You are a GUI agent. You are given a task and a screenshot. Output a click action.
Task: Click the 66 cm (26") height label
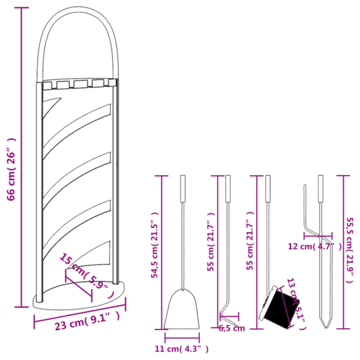(11, 169)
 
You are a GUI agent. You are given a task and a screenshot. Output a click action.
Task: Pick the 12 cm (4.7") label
(314, 246)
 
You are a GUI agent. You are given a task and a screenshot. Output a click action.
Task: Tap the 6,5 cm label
(231, 328)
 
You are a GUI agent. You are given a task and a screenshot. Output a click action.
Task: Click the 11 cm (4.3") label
(182, 347)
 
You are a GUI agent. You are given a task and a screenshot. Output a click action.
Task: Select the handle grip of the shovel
(182, 188)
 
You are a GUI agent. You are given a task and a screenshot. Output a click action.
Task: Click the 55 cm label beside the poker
(211, 243)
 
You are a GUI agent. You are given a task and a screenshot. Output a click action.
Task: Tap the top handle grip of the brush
(268, 188)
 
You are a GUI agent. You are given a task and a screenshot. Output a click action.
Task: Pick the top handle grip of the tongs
(320, 188)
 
